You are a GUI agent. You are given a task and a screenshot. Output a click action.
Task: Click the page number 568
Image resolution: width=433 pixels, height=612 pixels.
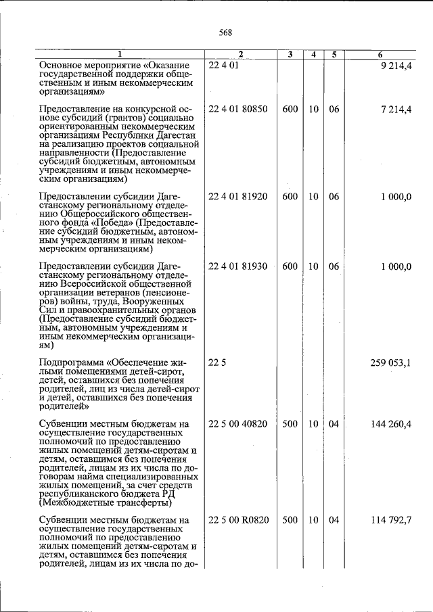point(225,32)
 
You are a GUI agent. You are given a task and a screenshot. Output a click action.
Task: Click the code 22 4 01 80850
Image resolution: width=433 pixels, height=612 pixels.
point(238,109)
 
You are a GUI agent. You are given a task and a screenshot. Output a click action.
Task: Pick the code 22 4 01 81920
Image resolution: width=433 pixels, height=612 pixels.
point(238,197)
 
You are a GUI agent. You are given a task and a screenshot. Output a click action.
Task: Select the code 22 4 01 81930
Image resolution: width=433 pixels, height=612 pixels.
point(238,266)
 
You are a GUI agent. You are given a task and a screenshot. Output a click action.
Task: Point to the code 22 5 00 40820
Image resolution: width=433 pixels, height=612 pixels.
point(238,424)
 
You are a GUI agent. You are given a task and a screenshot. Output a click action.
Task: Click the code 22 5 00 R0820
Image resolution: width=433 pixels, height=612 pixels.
point(238,520)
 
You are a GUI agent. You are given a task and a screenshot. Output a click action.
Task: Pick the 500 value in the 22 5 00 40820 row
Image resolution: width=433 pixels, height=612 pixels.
point(290,424)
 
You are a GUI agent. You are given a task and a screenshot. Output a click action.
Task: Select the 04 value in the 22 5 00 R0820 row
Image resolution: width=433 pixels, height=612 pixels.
point(334,520)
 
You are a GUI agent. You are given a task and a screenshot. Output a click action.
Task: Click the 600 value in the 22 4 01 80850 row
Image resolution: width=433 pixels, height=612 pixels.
point(290,109)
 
